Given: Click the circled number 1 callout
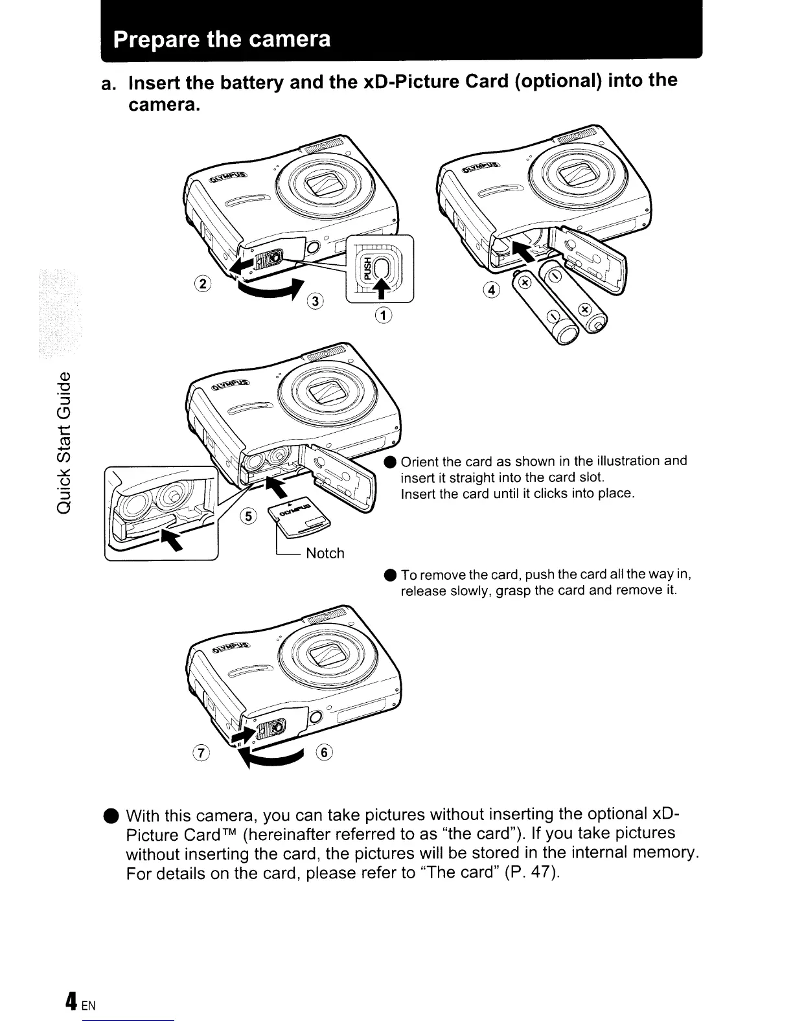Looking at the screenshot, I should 384,315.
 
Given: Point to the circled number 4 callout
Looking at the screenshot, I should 493,290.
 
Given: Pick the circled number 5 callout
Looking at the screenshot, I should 247,516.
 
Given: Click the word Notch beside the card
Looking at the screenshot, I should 325,553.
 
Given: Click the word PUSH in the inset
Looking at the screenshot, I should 367,268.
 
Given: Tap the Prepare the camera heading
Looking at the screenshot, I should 222,40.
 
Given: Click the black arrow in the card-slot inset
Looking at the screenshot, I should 167,536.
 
